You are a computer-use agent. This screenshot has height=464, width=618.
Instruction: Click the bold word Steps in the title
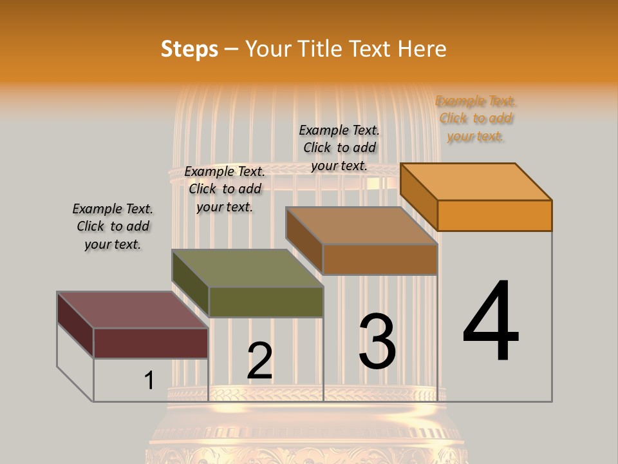tap(189, 49)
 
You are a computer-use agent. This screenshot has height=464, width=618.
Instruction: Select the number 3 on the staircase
tap(377, 342)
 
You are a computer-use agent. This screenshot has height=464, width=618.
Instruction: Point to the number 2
tap(260, 361)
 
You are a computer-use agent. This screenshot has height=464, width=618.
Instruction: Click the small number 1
tap(149, 381)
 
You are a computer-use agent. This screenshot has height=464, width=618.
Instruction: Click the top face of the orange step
tap(476, 181)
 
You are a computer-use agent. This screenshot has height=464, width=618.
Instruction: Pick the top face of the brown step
tap(362, 226)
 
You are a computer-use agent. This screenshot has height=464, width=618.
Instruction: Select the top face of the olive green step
tap(248, 268)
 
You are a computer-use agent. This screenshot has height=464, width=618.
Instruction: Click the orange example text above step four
tap(476, 119)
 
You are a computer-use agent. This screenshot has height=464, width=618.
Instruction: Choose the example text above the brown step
tap(340, 148)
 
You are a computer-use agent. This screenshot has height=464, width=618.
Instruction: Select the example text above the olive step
tap(225, 189)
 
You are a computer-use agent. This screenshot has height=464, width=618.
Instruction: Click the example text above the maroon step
tap(113, 226)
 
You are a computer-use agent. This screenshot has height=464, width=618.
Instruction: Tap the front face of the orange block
tap(494, 215)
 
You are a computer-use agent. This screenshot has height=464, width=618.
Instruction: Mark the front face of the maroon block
tap(151, 343)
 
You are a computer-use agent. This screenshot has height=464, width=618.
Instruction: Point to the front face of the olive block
tap(266, 302)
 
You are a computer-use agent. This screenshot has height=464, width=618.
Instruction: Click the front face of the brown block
tap(380, 259)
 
